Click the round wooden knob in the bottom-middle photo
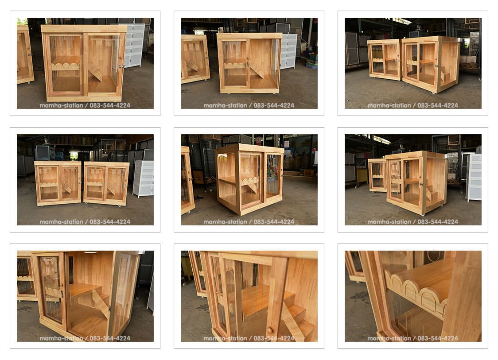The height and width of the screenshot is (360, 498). (270, 330)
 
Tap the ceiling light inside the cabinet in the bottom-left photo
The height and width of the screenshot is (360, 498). (90, 253)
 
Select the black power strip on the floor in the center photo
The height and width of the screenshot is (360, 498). (199, 197)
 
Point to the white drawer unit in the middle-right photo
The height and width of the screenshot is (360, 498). (474, 177)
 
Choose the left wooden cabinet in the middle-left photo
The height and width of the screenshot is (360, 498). (58, 183)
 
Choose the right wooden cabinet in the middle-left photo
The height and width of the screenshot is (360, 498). (106, 183)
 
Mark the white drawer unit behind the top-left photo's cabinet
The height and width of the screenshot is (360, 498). (133, 46)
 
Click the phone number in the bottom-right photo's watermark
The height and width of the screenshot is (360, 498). (438, 338)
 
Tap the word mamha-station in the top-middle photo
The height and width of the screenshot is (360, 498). (225, 105)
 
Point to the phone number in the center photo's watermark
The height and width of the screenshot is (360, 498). (274, 222)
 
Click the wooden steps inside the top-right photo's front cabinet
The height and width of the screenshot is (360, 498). (444, 76)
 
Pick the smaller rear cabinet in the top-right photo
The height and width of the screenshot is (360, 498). (384, 60)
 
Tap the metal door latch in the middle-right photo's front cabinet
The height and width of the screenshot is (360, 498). (421, 183)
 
